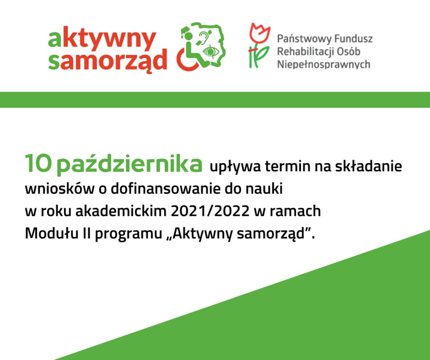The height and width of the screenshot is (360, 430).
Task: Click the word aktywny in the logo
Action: point(102,39)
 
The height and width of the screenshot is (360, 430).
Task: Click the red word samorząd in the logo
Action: point(107,60)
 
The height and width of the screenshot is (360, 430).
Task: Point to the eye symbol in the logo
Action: point(211,51)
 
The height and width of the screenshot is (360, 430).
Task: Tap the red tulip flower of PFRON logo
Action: point(259,33)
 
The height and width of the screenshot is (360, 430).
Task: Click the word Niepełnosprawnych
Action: point(324,64)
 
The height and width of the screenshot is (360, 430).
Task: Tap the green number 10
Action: point(38,163)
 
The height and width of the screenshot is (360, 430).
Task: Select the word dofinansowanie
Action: point(166,189)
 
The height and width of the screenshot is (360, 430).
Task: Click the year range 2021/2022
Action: point(210,211)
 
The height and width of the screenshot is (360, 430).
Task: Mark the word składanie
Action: point(369,166)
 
